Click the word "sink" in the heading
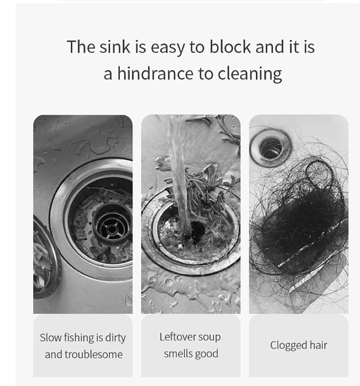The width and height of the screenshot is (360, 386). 114,47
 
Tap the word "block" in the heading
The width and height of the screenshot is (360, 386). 230,47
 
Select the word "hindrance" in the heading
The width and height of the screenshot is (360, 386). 155,74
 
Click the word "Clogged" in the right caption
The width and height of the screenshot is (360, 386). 289,346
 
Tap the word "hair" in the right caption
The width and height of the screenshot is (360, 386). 318,345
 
